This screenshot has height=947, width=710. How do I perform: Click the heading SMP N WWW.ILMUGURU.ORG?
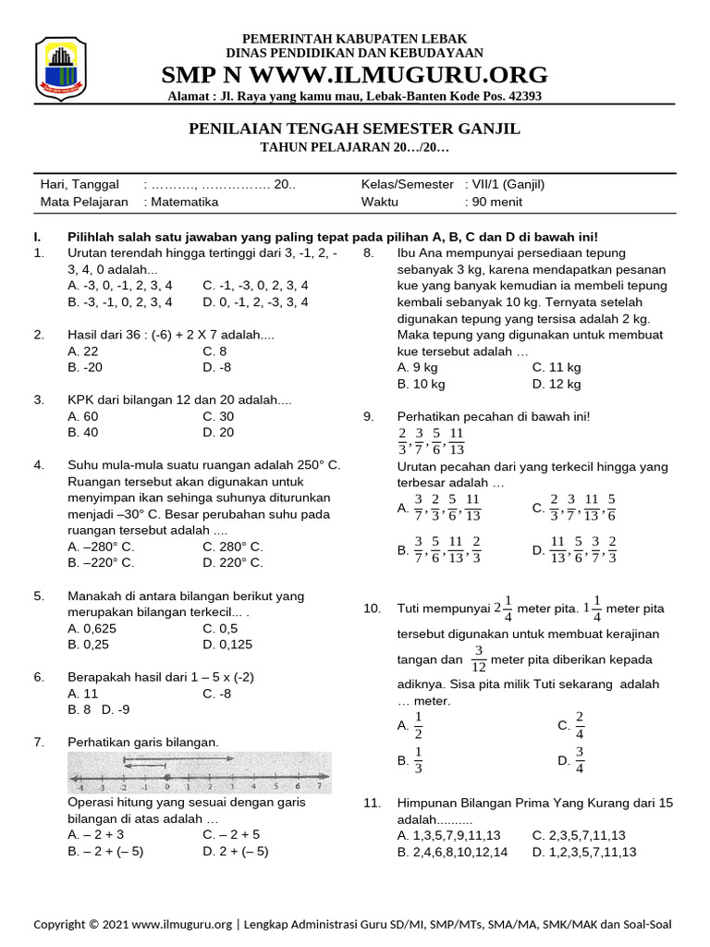pyautogui.click(x=354, y=75)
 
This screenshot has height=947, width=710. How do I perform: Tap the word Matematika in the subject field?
pyautogui.click(x=181, y=202)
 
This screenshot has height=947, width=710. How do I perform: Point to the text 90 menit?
pyautogui.click(x=495, y=202)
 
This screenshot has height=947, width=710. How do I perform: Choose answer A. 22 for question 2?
pyautogui.click(x=83, y=351)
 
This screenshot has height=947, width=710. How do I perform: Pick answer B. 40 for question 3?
pyautogui.click(x=83, y=432)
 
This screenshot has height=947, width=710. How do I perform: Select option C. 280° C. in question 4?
pyautogui.click(x=233, y=547)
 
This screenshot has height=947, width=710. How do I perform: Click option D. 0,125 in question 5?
pyautogui.click(x=227, y=644)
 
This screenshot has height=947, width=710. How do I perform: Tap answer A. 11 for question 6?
pyautogui.click(x=83, y=693)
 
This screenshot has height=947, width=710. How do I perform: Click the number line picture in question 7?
pyautogui.click(x=200, y=772)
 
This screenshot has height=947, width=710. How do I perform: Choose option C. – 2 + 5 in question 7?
pyautogui.click(x=231, y=835)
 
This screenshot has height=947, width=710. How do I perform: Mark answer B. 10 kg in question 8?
pyautogui.click(x=422, y=384)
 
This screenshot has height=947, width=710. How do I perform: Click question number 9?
pyautogui.click(x=368, y=417)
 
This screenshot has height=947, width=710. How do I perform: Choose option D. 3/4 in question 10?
pyautogui.click(x=570, y=760)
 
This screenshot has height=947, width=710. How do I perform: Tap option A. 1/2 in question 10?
pyautogui.click(x=410, y=726)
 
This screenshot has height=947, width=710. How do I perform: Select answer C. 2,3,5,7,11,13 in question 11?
pyautogui.click(x=579, y=835)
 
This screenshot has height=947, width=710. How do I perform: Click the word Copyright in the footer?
pyautogui.click(x=66, y=924)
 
